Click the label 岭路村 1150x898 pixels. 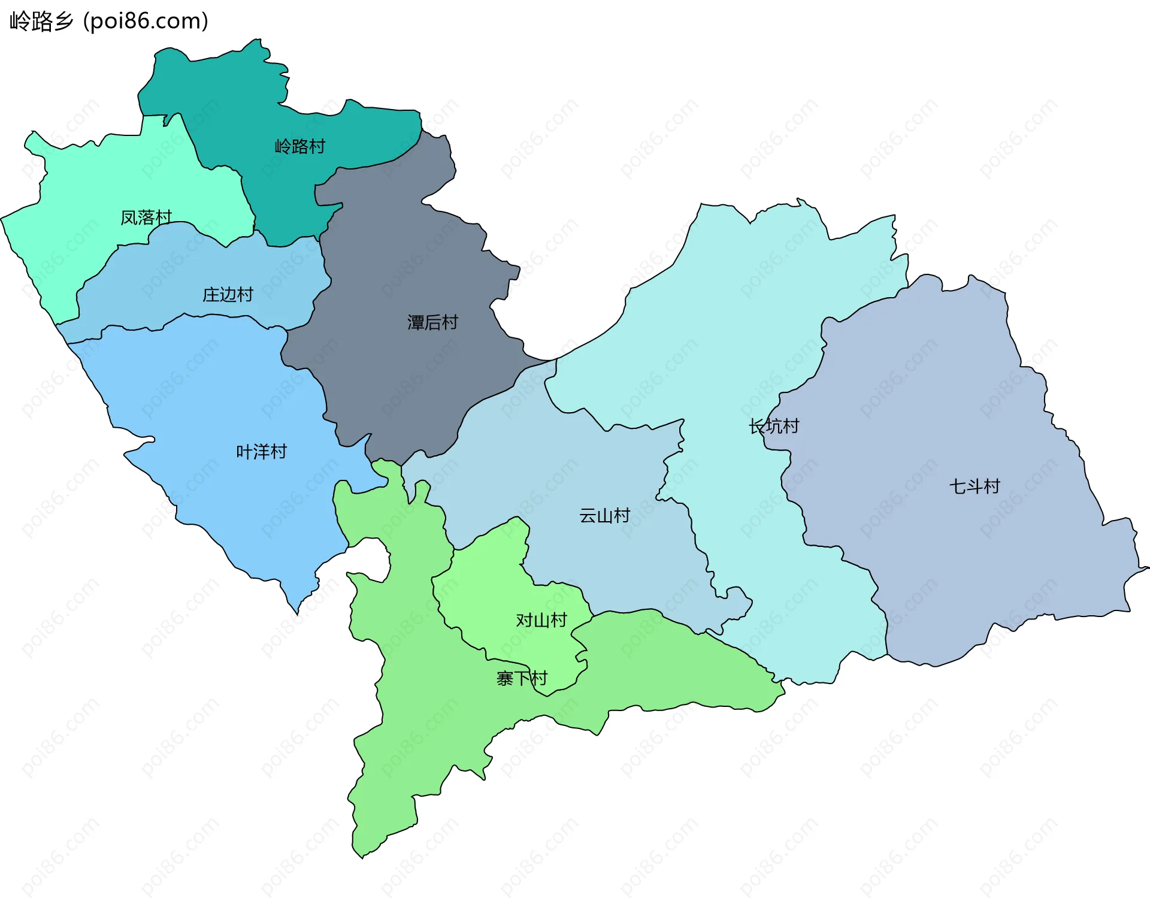299,146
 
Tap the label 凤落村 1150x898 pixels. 146,217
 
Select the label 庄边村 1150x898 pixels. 228,295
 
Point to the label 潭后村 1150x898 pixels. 432,323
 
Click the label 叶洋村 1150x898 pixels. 261,452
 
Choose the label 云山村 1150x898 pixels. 604,516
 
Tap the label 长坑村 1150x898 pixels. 774,427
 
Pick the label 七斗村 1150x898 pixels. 975,486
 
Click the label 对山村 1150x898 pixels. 541,620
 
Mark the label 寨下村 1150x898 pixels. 522,679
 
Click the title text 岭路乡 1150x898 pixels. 41,22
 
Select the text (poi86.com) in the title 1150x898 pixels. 146,22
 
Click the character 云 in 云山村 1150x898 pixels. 588,516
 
